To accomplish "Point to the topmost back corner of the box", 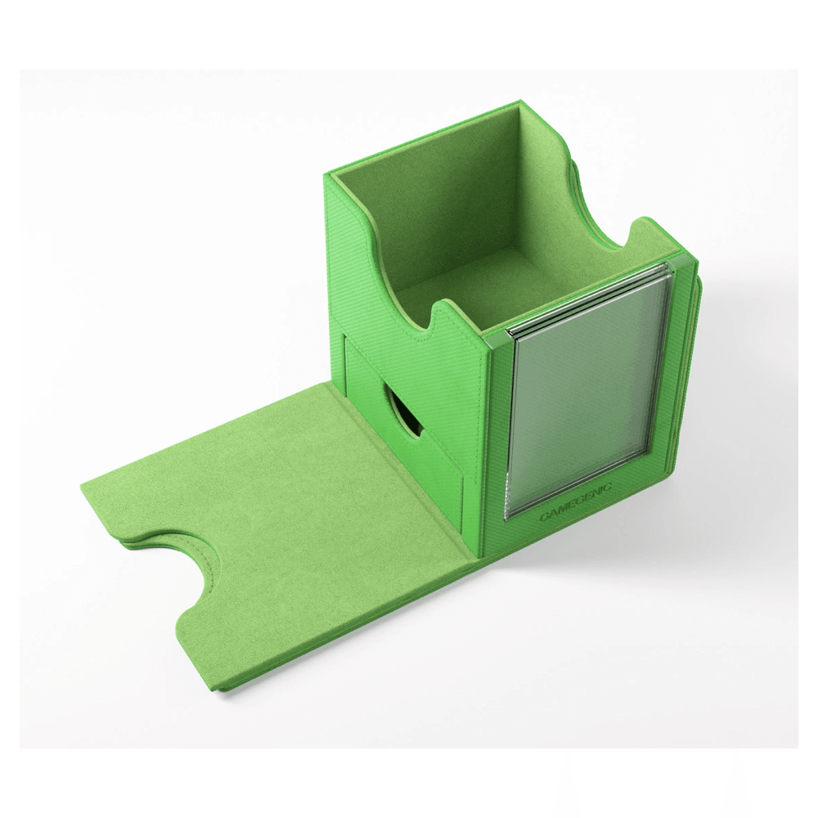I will point(519,104).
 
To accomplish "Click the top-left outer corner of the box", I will point(329,174).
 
